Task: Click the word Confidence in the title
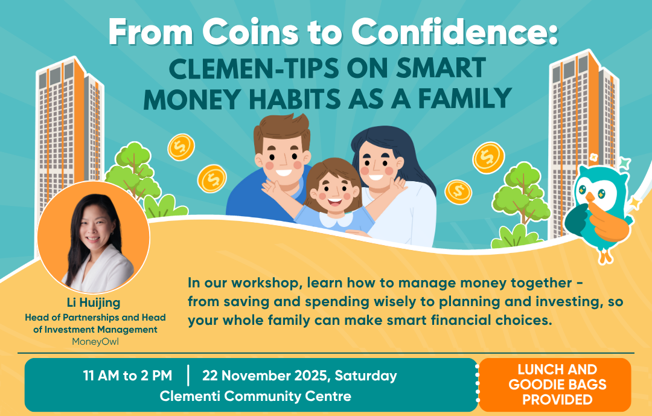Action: coord(454,32)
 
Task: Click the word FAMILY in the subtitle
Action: coord(464,98)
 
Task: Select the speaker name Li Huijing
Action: coord(94,302)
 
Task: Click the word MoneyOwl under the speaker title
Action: coord(95,342)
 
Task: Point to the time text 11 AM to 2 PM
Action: coord(127,376)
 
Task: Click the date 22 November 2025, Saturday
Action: coord(299,376)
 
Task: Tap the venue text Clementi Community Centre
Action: coord(255,396)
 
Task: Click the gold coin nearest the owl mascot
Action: coord(488,158)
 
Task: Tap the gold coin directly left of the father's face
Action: coord(212,179)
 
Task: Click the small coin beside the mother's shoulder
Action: coord(458,192)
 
